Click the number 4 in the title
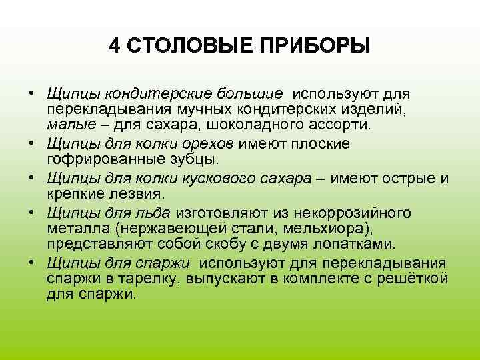(x=114, y=46)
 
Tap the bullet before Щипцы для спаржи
(x=32, y=262)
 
